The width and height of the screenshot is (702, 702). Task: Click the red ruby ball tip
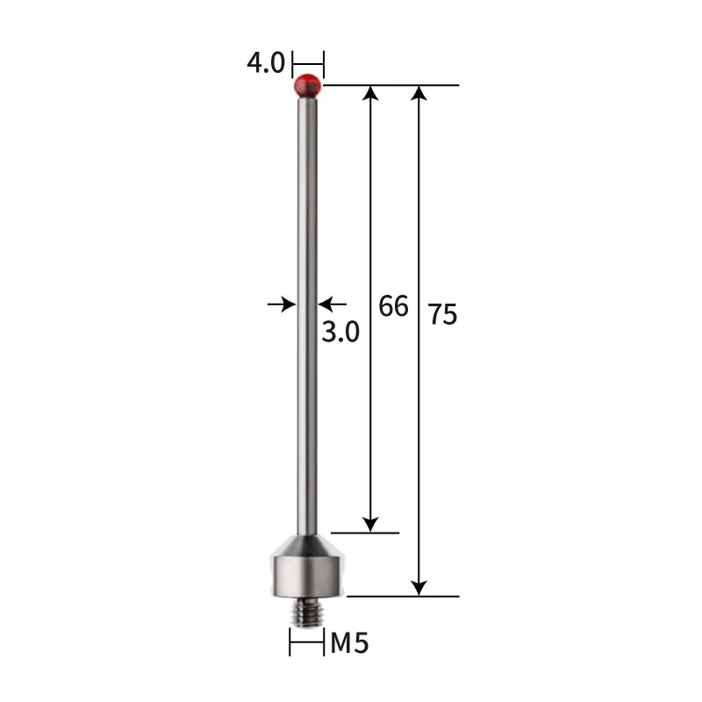click(307, 85)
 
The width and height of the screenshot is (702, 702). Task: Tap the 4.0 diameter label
click(266, 64)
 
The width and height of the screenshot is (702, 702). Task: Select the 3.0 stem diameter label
click(340, 333)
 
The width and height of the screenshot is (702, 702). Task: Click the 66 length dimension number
click(394, 306)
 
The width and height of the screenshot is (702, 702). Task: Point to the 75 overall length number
click(443, 314)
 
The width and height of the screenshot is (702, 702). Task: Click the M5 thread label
click(349, 644)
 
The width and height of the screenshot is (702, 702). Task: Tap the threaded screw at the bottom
click(306, 611)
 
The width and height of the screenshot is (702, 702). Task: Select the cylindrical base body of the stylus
click(306, 576)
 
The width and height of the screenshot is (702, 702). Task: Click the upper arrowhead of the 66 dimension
click(372, 94)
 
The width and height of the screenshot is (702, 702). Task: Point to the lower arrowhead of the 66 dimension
click(372, 523)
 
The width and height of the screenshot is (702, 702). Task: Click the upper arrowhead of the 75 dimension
click(420, 94)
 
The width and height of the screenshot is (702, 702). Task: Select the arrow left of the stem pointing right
click(283, 304)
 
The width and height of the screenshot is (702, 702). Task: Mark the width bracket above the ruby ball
click(308, 64)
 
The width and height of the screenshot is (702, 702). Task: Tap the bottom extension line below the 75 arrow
click(403, 596)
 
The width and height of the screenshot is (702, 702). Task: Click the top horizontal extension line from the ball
click(391, 85)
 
